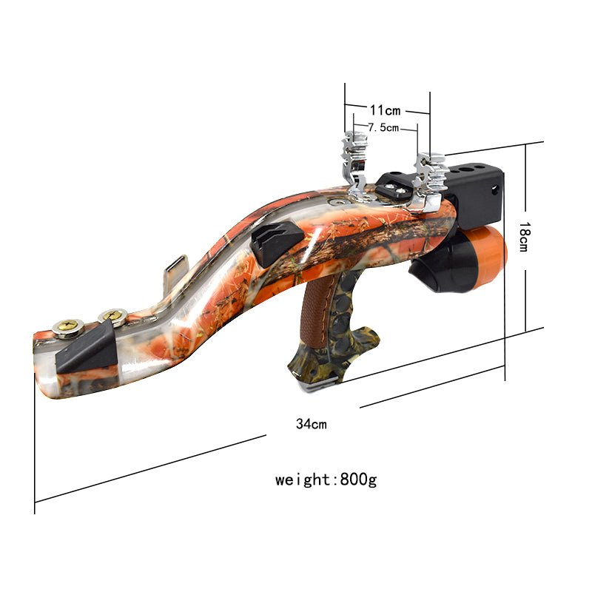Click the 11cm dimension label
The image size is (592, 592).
[385, 111]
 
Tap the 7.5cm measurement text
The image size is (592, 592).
[383, 128]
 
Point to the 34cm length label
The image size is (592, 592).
[311, 424]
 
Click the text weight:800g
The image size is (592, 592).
[326, 480]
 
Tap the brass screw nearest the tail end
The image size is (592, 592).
[67, 326]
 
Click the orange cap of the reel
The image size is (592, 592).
[488, 252]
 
